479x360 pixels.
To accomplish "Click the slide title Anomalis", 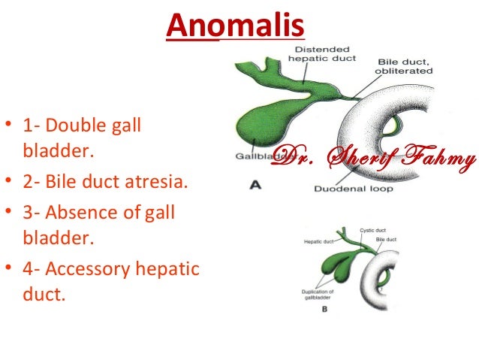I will [235, 27].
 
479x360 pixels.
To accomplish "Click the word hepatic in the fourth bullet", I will [174, 268].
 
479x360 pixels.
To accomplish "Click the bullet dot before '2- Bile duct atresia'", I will [8, 183].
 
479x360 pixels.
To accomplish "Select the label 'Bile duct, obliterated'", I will [405, 66].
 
